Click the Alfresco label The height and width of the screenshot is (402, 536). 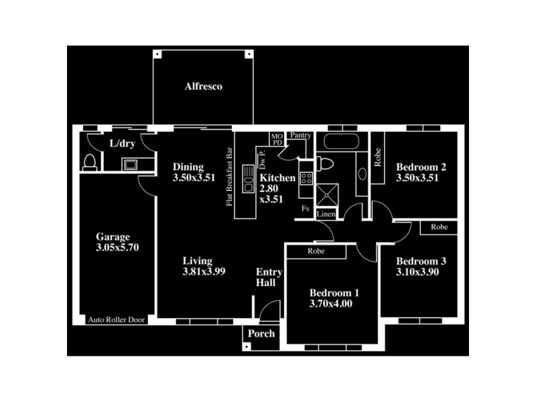204,87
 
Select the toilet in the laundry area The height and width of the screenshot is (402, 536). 90,162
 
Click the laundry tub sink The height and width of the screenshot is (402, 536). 129,164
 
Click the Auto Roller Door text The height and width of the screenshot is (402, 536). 117,320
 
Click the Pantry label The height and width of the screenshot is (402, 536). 301,135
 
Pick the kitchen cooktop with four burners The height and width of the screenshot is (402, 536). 306,178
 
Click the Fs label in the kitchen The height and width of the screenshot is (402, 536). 306,209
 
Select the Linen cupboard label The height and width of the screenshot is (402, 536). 326,214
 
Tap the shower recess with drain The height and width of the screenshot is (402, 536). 328,194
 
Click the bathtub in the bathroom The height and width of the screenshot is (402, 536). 340,141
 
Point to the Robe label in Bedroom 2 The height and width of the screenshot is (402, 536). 378,157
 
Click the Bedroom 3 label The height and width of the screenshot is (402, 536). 421,261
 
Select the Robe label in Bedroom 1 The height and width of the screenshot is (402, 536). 316,252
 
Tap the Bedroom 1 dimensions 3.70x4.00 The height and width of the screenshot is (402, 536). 331,304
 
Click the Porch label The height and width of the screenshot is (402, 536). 261,334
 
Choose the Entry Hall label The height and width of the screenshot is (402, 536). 269,278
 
